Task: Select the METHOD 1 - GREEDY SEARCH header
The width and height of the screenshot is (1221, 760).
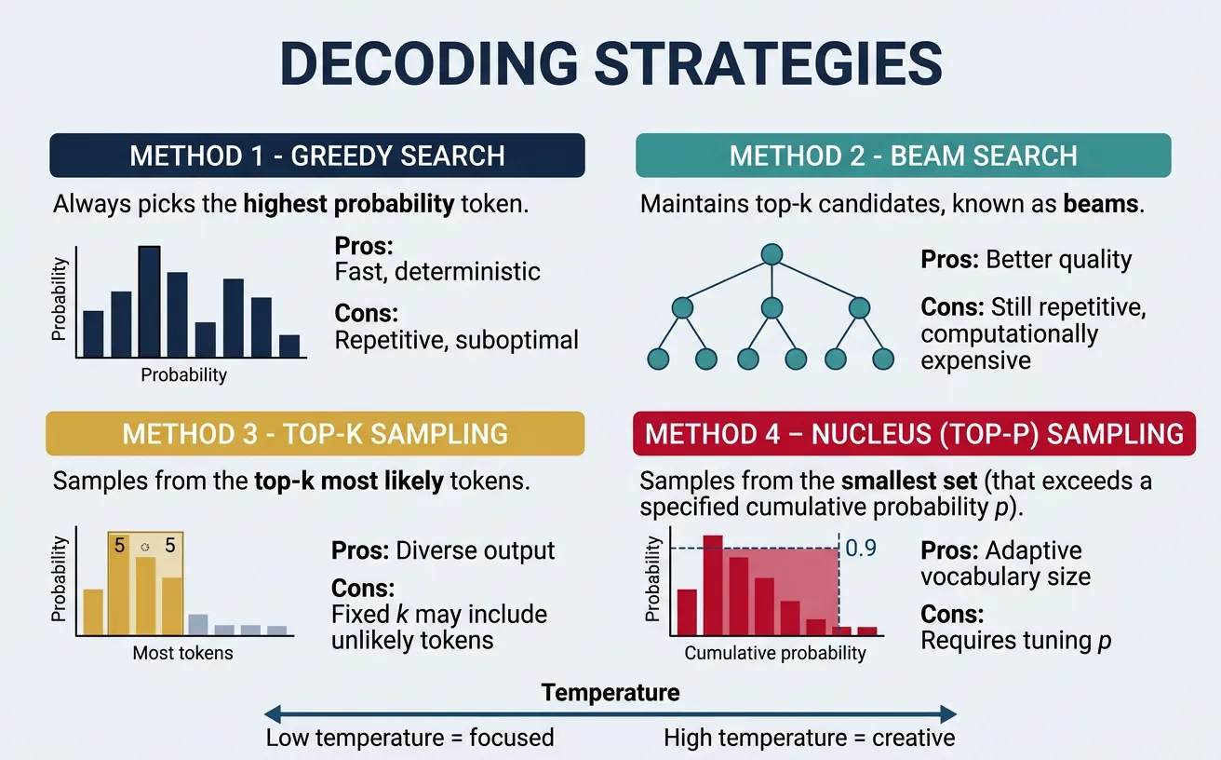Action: click(x=316, y=156)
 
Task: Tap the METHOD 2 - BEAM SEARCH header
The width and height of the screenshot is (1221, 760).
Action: click(x=903, y=156)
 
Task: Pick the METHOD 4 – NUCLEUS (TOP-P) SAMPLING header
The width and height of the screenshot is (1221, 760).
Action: click(x=914, y=433)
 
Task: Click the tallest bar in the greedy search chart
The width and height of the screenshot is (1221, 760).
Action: click(x=149, y=302)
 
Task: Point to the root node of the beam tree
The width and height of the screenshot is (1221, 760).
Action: click(x=770, y=252)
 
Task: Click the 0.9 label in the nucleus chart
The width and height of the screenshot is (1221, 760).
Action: click(x=861, y=548)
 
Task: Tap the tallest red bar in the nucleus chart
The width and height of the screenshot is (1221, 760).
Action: click(x=713, y=584)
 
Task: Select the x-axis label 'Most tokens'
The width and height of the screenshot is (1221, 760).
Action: click(x=182, y=653)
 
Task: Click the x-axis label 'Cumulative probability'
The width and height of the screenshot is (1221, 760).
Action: click(x=775, y=653)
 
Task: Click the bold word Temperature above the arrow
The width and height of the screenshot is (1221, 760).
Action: click(x=610, y=692)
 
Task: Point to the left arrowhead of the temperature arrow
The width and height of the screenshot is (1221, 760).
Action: click(x=273, y=714)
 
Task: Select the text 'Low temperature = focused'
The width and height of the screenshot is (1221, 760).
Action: click(x=409, y=739)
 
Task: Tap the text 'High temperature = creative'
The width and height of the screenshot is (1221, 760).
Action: click(x=809, y=739)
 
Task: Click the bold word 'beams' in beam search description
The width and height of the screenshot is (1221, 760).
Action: click(x=1101, y=203)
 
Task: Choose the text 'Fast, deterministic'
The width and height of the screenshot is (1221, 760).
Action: click(x=436, y=272)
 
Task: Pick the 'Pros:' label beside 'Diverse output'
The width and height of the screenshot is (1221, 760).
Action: click(x=360, y=550)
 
